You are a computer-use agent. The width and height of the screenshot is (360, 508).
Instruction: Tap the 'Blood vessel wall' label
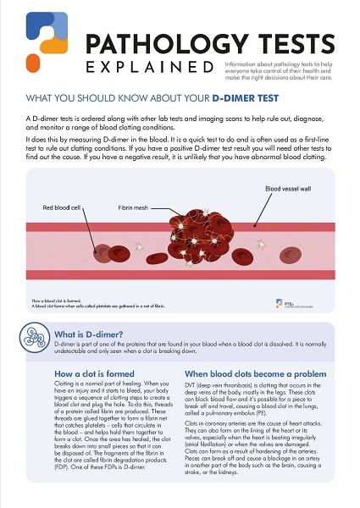288,189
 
